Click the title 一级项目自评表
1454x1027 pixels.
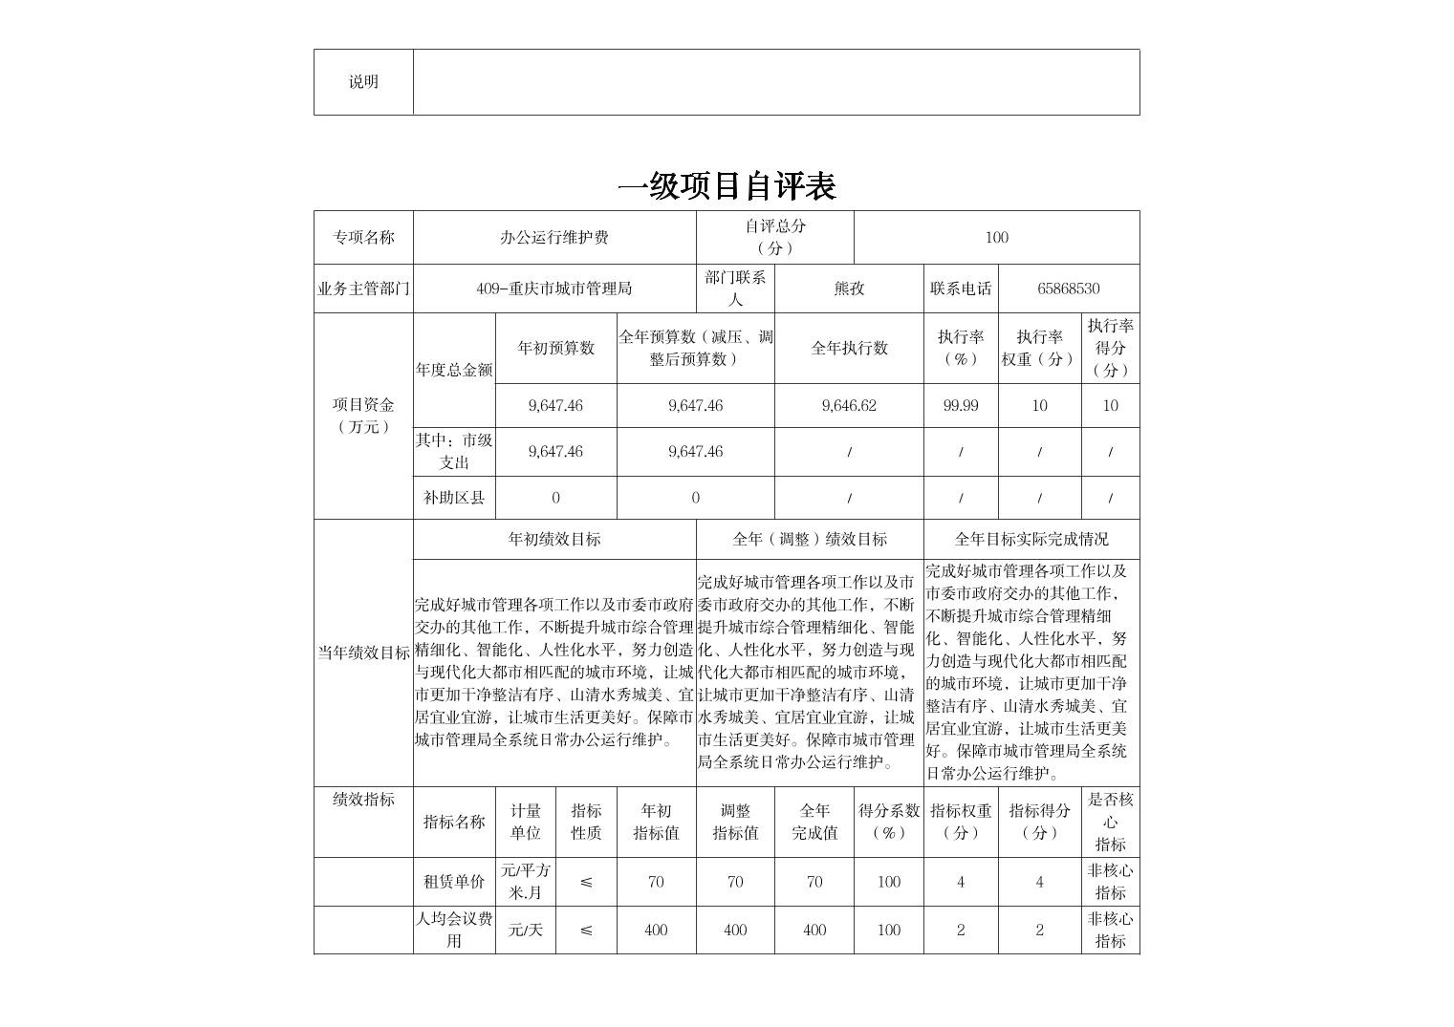pyautogui.click(x=727, y=186)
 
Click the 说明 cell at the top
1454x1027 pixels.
pyautogui.click(x=363, y=82)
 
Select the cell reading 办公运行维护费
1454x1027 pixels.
pyautogui.click(x=554, y=237)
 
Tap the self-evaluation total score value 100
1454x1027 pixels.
pyautogui.click(x=996, y=237)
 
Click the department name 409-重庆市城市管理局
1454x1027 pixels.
pyautogui.click(x=554, y=289)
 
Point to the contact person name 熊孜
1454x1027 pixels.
pyautogui.click(x=849, y=289)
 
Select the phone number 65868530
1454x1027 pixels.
pyautogui.click(x=1068, y=289)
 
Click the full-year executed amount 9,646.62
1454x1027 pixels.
pyautogui.click(x=849, y=405)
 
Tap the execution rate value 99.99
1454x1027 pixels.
pyautogui.click(x=961, y=405)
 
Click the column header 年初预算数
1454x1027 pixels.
pyautogui.click(x=555, y=348)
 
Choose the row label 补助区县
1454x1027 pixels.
pyautogui.click(x=454, y=498)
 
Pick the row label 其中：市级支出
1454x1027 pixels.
pyautogui.click(x=454, y=451)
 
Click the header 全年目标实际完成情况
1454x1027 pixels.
pyautogui.click(x=1031, y=539)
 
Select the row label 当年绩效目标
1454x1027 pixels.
pyautogui.click(x=363, y=653)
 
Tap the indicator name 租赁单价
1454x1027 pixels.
pyautogui.click(x=454, y=882)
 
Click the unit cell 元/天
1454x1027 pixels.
pyautogui.click(x=526, y=930)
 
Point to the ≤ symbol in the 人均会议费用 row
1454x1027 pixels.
pyautogui.click(x=586, y=930)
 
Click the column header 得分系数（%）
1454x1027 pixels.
pyautogui.click(x=889, y=822)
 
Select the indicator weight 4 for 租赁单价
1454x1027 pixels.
pyautogui.click(x=961, y=882)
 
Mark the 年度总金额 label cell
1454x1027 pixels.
pyautogui.click(x=454, y=370)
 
